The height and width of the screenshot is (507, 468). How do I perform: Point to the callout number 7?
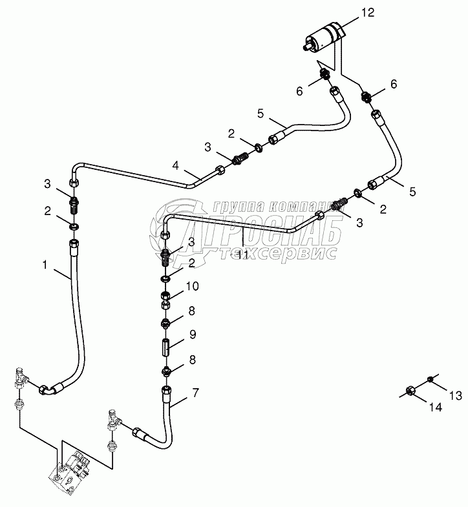point(196,393)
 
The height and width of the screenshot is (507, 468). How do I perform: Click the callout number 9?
point(192,335)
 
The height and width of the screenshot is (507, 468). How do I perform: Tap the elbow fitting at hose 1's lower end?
point(48,389)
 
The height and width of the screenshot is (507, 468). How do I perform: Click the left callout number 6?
point(299,91)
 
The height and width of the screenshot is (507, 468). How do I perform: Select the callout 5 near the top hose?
point(260,114)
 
